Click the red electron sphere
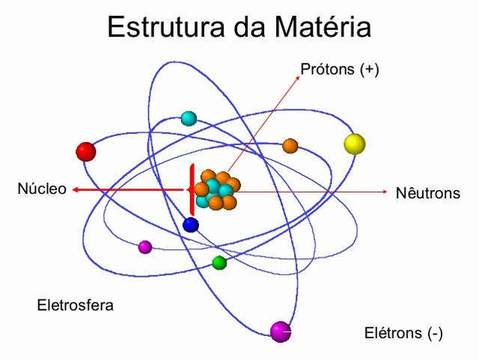[86, 152]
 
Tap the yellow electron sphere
[354, 144]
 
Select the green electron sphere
[219, 263]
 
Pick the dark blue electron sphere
[191, 225]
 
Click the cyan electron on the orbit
[189, 118]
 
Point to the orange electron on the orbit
[290, 146]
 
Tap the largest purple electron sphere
[280, 331]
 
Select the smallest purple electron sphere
[145, 247]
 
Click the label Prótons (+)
[340, 70]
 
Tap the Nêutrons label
[427, 193]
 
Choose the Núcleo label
[42, 189]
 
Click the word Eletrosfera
[76, 305]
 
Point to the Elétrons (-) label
[403, 332]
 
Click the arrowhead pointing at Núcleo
[76, 190]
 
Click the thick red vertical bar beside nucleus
[192, 189]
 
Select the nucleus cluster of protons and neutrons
[216, 190]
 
